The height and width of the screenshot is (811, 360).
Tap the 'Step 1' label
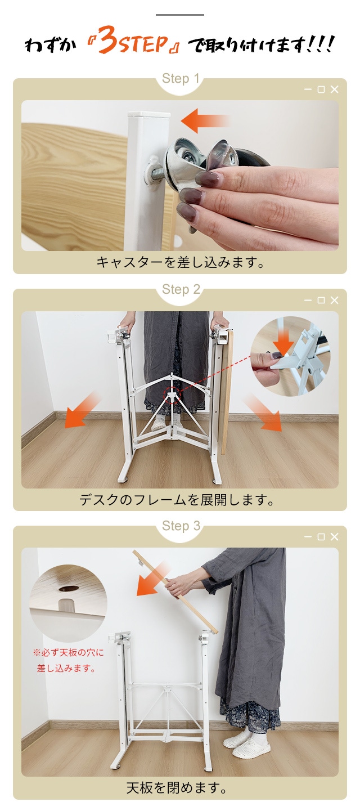(x=180, y=79)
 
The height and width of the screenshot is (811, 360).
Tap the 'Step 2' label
(x=181, y=289)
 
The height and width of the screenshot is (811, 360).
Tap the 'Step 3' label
(x=181, y=526)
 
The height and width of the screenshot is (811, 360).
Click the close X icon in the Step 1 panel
(x=335, y=89)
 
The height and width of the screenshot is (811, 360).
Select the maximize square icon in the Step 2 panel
(x=321, y=300)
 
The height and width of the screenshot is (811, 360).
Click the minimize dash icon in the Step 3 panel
(x=308, y=536)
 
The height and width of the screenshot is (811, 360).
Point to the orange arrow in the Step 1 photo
(x=205, y=120)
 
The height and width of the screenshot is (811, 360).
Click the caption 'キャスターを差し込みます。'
(x=180, y=262)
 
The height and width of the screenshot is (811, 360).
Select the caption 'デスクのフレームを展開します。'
(x=177, y=500)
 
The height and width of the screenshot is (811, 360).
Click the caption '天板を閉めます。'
(x=177, y=788)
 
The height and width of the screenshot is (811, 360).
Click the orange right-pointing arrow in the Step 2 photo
(x=263, y=413)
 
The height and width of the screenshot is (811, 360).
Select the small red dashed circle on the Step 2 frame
(x=172, y=395)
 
